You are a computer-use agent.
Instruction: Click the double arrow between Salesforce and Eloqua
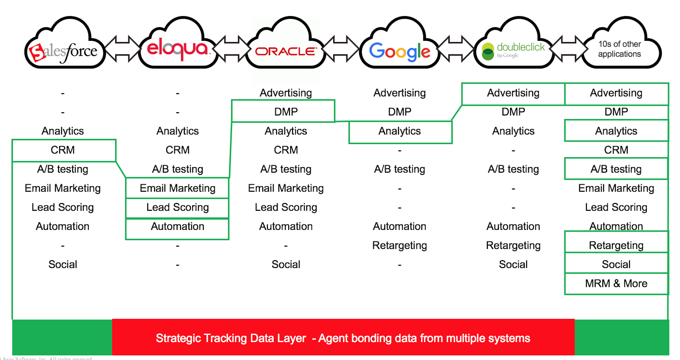[x=122, y=48]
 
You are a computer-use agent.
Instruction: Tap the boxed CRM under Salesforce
[x=63, y=150]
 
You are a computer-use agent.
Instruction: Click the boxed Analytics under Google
[x=399, y=131]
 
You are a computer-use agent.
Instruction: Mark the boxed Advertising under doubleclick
[x=513, y=93]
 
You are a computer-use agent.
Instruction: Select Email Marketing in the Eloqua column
[x=178, y=188]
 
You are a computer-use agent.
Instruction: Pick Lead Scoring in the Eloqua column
[x=178, y=207]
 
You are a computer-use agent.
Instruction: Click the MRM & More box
[x=616, y=283]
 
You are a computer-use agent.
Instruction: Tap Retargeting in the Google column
[x=399, y=246]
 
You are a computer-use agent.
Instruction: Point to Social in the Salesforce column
[x=63, y=264]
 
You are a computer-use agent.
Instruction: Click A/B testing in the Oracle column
[x=286, y=169]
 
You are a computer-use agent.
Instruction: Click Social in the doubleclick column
[x=513, y=264]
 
